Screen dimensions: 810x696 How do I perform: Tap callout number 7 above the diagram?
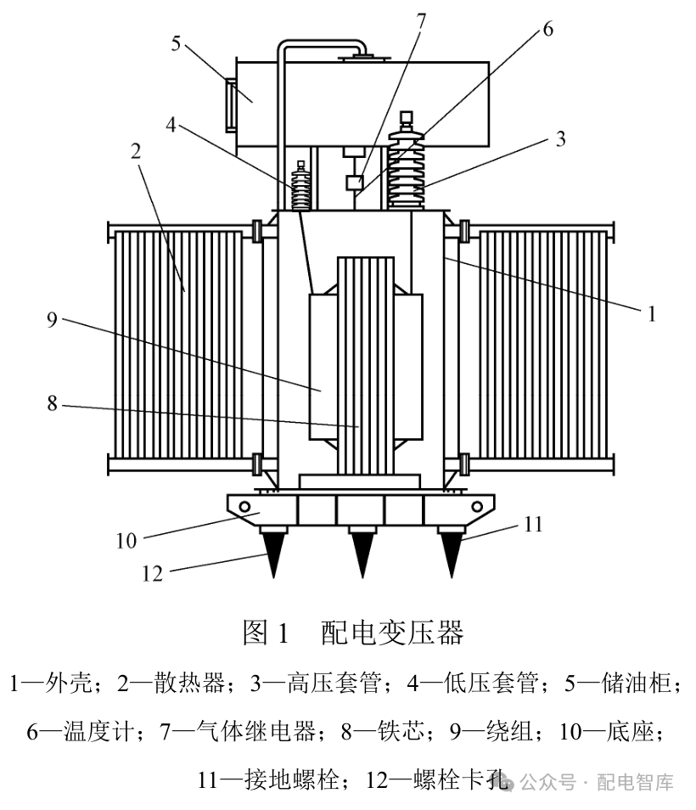click(x=422, y=20)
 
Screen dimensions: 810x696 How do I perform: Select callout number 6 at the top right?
click(x=547, y=29)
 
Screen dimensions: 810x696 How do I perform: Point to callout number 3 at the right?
click(x=560, y=138)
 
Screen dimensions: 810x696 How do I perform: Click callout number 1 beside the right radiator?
click(x=652, y=314)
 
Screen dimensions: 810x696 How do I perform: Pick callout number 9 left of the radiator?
click(x=52, y=320)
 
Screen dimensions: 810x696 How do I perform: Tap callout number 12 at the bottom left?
click(x=152, y=573)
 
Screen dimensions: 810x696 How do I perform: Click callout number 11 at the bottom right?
click(x=532, y=524)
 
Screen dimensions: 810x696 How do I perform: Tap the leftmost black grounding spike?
click(x=273, y=550)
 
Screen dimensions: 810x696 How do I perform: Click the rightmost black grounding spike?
click(x=451, y=550)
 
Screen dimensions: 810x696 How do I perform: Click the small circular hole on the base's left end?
click(x=245, y=507)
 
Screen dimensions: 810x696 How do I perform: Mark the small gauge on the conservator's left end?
click(x=230, y=104)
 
